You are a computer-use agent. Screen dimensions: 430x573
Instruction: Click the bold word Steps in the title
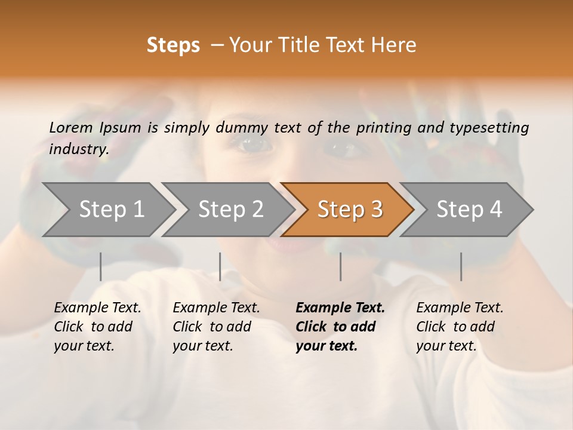[173, 45]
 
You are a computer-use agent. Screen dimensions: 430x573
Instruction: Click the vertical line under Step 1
[101, 266]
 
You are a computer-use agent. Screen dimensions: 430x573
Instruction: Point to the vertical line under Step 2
[220, 266]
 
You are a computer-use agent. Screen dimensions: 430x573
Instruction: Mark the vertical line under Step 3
[341, 266]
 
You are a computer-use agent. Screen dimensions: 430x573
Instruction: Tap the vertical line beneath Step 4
[461, 266]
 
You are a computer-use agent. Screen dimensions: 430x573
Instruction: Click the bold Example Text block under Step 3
[340, 327]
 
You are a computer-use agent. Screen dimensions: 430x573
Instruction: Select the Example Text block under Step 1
[97, 327]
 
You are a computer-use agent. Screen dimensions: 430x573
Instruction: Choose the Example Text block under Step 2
[216, 327]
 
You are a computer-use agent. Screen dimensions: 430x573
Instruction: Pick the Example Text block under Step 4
[460, 327]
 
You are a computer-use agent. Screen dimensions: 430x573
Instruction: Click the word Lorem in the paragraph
[71, 127]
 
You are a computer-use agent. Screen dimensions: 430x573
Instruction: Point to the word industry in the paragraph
[78, 149]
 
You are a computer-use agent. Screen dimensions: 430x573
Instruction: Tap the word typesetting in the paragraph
[489, 127]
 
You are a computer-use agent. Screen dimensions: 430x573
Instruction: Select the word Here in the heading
[396, 45]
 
